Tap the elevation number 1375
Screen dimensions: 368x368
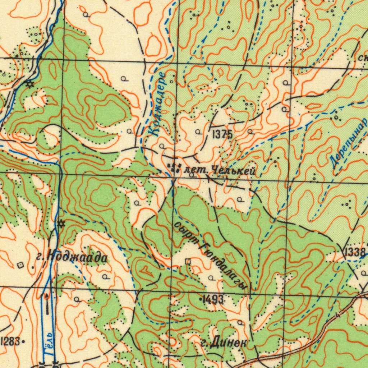point(222,135)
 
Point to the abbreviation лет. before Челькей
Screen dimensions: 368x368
point(194,170)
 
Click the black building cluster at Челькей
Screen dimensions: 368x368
point(175,167)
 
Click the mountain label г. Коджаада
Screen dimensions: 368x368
point(72,257)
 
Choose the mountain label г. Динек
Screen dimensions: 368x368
point(224,343)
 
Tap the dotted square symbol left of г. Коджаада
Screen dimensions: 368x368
point(20,265)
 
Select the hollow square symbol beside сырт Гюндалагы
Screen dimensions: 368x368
point(188,261)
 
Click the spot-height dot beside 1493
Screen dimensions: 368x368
point(201,299)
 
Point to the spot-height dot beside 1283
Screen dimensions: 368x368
point(23,341)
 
